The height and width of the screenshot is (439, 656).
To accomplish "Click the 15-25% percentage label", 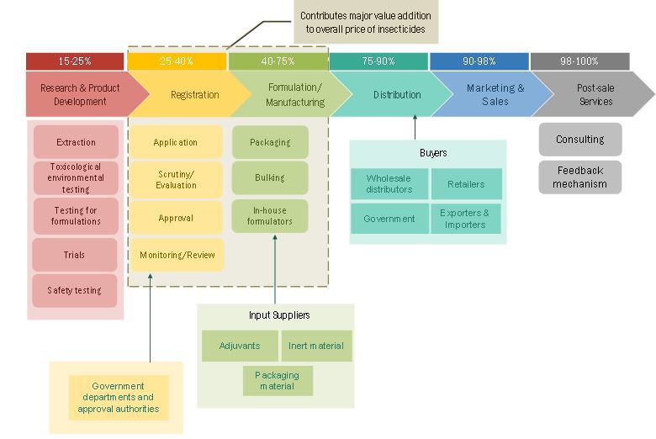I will pyautogui.click(x=75, y=61).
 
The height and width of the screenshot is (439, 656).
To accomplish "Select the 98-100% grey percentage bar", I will pyautogui.click(x=579, y=61).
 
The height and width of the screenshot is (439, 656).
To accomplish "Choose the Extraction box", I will pyautogui.click(x=76, y=142).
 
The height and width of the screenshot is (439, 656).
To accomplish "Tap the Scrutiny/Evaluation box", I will pyautogui.click(x=176, y=179).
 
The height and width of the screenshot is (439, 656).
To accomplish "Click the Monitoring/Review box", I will pyautogui.click(x=177, y=255).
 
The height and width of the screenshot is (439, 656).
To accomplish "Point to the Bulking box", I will pyautogui.click(x=270, y=177).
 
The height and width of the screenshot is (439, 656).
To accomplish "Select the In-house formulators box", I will pyautogui.click(x=270, y=216).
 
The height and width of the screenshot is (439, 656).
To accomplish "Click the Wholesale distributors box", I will pyautogui.click(x=389, y=184).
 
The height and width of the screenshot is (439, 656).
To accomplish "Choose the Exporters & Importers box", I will pyautogui.click(x=465, y=219).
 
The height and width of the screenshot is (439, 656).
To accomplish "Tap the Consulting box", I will pyautogui.click(x=579, y=140).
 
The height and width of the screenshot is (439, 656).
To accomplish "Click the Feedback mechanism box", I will pyautogui.click(x=579, y=177).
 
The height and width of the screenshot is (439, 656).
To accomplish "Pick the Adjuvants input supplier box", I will pyautogui.click(x=239, y=346).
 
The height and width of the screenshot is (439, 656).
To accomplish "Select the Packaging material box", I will pyautogui.click(x=278, y=380).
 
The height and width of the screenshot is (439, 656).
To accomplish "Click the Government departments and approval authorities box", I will pyautogui.click(x=119, y=397).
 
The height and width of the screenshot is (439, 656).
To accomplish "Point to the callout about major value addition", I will pyautogui.click(x=366, y=22).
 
